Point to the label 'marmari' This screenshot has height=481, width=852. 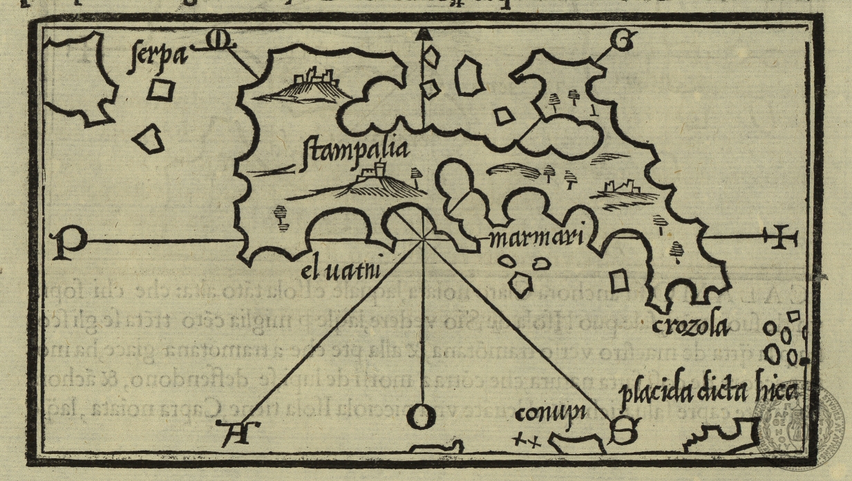(x=536, y=240)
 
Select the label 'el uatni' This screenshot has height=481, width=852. (x=341, y=266)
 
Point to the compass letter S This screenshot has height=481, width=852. (x=623, y=433)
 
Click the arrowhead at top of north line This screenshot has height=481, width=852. (x=424, y=35)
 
